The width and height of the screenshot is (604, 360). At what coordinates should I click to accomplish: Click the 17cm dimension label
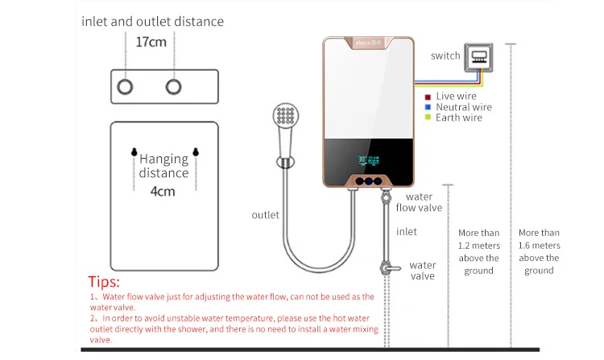(x=151, y=41)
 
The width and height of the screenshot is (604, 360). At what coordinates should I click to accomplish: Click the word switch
(x=445, y=56)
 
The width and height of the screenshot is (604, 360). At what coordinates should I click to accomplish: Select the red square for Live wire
(x=428, y=97)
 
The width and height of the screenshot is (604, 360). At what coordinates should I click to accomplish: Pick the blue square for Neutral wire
(x=428, y=107)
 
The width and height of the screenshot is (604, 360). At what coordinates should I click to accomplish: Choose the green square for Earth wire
(x=428, y=118)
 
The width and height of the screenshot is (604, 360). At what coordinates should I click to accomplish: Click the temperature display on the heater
(x=370, y=159)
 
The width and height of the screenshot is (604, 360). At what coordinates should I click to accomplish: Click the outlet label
(x=265, y=215)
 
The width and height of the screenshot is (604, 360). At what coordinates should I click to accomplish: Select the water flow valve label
(x=419, y=202)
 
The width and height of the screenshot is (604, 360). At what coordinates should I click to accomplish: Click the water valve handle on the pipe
(x=390, y=268)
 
